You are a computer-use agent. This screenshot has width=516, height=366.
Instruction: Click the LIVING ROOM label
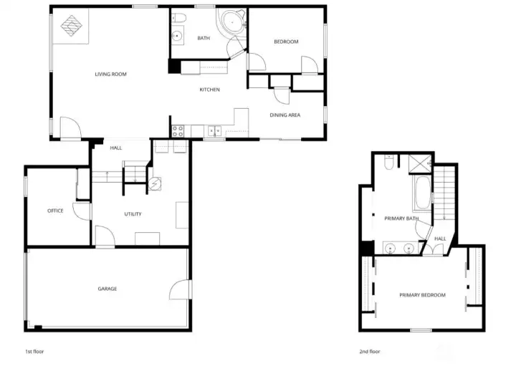click(x=110, y=74)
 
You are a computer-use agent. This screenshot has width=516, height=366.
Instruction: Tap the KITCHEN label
click(x=209, y=90)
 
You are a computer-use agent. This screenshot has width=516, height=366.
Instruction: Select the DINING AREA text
click(x=285, y=115)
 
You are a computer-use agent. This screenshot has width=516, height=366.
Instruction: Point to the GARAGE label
click(x=107, y=289)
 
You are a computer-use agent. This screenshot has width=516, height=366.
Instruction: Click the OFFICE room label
click(x=55, y=211)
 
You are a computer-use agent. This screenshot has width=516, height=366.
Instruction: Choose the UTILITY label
click(x=133, y=214)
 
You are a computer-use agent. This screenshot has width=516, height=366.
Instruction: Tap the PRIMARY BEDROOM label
click(x=423, y=295)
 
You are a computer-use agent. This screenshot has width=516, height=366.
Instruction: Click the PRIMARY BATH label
click(x=401, y=218)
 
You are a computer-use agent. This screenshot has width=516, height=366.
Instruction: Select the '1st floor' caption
click(x=34, y=352)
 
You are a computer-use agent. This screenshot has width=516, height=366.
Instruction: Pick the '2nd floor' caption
click(x=370, y=352)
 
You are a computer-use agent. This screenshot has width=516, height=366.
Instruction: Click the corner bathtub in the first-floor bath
click(x=232, y=22)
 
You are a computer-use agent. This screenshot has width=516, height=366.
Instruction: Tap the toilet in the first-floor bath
click(x=179, y=17)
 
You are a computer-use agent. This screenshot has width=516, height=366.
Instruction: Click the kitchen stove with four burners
click(x=178, y=131)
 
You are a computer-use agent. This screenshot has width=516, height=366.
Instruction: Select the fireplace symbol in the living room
click(x=72, y=26)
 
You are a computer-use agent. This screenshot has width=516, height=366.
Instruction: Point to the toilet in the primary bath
click(x=388, y=163)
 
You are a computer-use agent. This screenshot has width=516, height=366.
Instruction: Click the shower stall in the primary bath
click(x=420, y=163)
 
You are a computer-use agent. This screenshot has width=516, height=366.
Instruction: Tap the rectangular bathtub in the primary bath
click(x=422, y=193)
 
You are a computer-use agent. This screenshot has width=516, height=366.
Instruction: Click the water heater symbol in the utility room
click(x=155, y=184)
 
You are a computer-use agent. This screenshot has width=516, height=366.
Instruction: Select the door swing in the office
click(x=81, y=211)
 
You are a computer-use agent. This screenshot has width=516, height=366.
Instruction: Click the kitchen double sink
click(x=214, y=132)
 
